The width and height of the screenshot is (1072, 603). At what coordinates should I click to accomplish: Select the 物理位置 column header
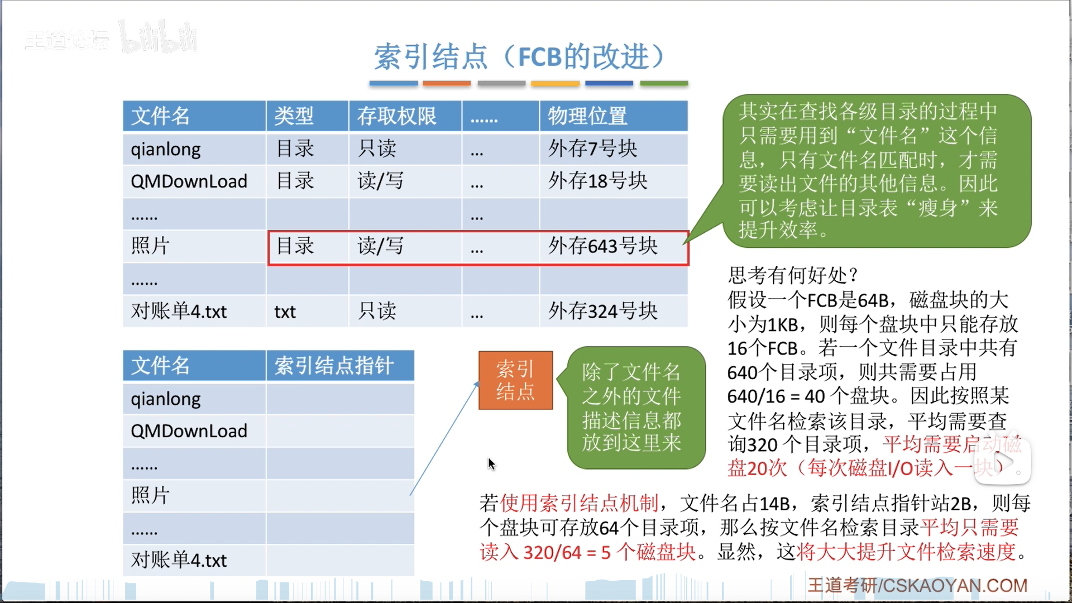pyautogui.click(x=587, y=116)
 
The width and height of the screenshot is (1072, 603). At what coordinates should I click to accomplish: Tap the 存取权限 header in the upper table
pyautogui.click(x=396, y=116)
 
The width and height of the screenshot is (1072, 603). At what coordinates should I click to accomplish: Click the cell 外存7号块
pyautogui.click(x=592, y=149)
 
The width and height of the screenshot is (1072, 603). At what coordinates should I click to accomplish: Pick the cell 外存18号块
pyautogui.click(x=597, y=181)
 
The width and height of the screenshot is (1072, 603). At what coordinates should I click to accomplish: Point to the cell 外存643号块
pyautogui.click(x=602, y=246)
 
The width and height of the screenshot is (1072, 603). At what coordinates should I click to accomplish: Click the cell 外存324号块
pyautogui.click(x=602, y=311)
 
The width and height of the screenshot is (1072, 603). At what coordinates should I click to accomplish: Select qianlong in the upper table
pyautogui.click(x=166, y=149)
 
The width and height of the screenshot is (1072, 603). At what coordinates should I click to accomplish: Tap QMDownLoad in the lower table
pyautogui.click(x=189, y=431)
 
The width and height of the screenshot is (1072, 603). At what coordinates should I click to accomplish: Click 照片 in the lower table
pyautogui.click(x=150, y=495)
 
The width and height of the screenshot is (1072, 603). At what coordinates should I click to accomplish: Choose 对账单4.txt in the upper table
pyautogui.click(x=179, y=311)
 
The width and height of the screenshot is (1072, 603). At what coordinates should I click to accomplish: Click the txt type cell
pyautogui.click(x=285, y=312)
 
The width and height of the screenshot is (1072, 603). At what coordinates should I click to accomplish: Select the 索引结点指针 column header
pyautogui.click(x=334, y=366)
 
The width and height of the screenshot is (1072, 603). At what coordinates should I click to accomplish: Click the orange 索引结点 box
pyautogui.click(x=515, y=380)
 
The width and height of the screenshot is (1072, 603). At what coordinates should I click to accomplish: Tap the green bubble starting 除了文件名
pyautogui.click(x=631, y=408)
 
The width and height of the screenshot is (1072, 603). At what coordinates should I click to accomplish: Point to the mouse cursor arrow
pyautogui.click(x=491, y=463)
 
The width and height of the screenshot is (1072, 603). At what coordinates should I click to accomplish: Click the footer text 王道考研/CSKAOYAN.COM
pyautogui.click(x=917, y=585)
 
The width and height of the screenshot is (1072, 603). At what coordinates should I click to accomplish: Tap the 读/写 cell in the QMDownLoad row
pyautogui.click(x=380, y=181)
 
